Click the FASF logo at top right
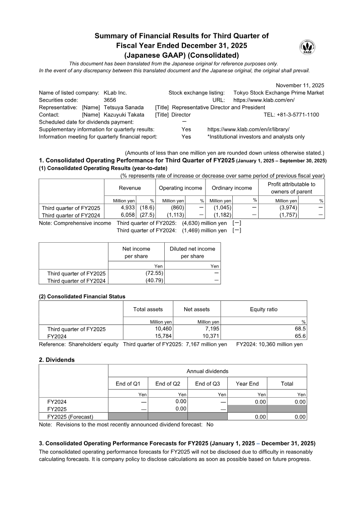[x=308, y=47]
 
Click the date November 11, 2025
[x=300, y=85]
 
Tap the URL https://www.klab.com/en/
[x=264, y=100]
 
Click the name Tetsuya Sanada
[x=124, y=107]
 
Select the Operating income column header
[x=180, y=188]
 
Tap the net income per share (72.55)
[x=154, y=273]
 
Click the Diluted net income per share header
[x=192, y=252]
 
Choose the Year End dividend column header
[x=247, y=384]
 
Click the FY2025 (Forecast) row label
[x=70, y=417]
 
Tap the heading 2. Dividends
[x=57, y=359]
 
